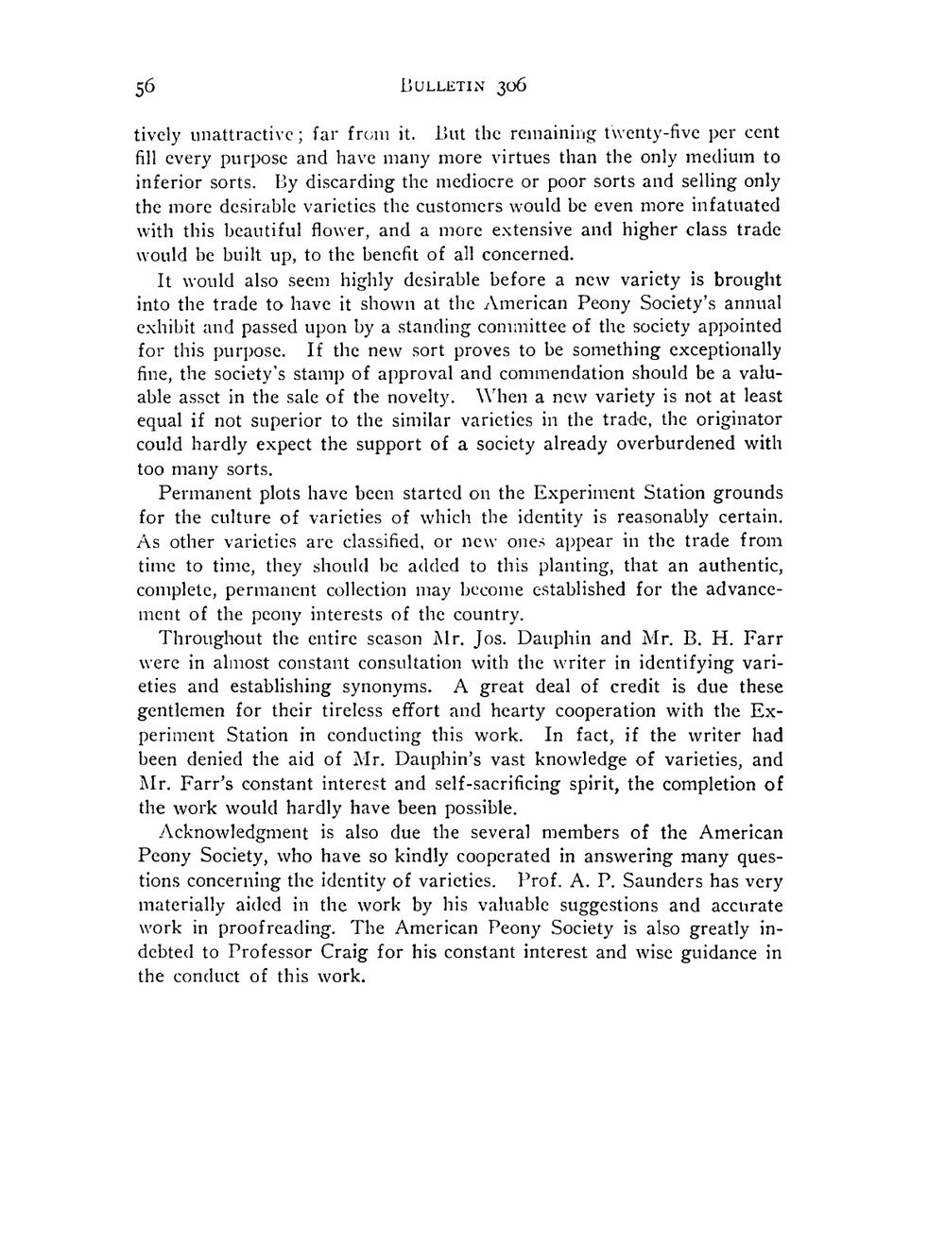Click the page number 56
click(145, 88)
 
